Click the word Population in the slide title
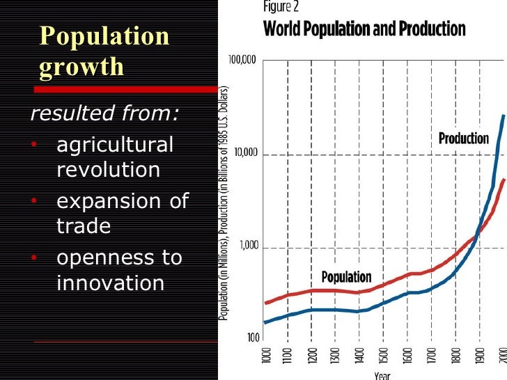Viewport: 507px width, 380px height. click(104, 36)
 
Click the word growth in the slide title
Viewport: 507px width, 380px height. click(82, 67)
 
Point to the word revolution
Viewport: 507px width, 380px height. click(108, 169)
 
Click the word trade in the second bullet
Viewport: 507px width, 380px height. click(84, 226)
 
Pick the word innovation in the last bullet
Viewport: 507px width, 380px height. click(110, 283)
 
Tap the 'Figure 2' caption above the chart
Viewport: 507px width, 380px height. click(285, 8)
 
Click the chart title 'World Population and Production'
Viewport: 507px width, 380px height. click(364, 30)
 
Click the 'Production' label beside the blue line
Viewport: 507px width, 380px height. click(464, 138)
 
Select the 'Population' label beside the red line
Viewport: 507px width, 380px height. click(346, 277)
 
